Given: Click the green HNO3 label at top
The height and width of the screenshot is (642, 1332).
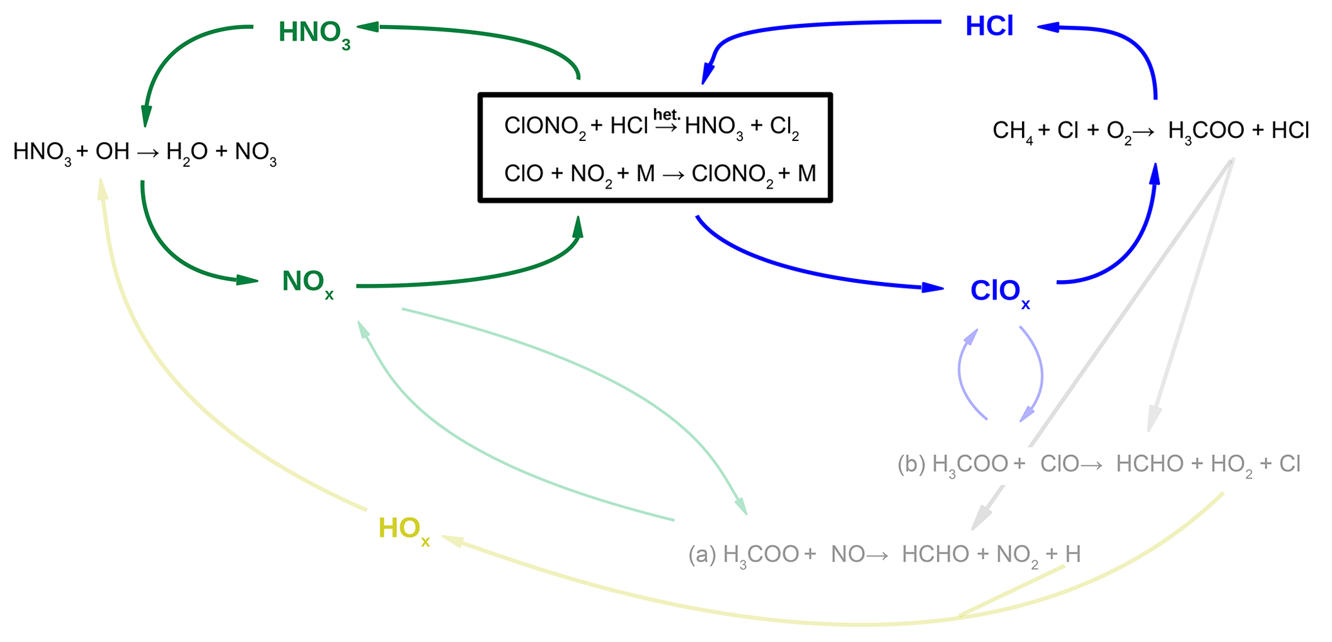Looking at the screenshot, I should tap(314, 33).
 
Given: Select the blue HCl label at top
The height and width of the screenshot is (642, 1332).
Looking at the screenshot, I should tap(989, 26).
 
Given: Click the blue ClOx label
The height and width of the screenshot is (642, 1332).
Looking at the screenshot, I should tap(999, 292).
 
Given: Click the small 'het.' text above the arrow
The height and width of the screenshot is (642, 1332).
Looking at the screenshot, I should tap(666, 115).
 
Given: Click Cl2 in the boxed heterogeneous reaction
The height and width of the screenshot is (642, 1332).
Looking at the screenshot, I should tap(784, 127).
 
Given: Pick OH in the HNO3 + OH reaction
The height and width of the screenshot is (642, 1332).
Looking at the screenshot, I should tap(112, 153).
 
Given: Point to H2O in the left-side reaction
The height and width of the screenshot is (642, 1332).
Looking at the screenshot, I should tap(186, 153).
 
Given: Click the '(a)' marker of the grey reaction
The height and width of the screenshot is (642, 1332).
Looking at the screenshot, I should tap(702, 554).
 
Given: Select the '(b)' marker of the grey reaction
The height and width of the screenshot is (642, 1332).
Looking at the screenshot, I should tap(911, 464).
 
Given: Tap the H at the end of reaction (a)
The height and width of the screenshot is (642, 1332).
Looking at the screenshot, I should tap(1073, 554).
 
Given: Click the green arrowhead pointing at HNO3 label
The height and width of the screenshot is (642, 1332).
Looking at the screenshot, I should tap(368, 26).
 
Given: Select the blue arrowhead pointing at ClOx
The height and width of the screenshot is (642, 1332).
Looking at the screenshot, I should tap(933, 287).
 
